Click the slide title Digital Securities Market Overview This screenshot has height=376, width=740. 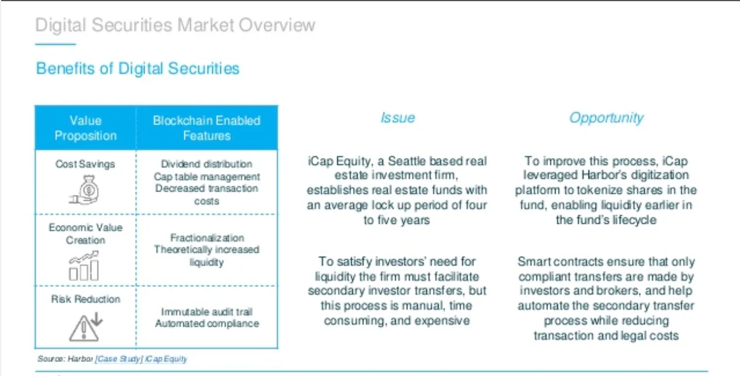175,25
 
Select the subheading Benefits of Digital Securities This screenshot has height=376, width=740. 137,68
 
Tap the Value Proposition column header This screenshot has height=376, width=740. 86,128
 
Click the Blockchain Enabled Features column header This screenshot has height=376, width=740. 207,128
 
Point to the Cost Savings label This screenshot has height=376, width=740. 85,164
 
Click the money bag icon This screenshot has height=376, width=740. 84,190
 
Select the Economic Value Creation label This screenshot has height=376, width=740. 86,234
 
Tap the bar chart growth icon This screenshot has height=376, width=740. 84,266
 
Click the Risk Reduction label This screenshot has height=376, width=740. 86,299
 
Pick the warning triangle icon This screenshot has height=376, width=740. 86,327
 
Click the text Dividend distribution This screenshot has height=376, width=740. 207,164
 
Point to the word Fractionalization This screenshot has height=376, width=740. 207,237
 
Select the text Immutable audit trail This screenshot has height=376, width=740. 207,311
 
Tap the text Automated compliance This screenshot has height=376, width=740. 207,324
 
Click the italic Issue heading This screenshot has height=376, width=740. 398,117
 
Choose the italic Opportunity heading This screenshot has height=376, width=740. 606,118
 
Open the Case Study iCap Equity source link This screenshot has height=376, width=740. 141,359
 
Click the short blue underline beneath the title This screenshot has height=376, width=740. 55,44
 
